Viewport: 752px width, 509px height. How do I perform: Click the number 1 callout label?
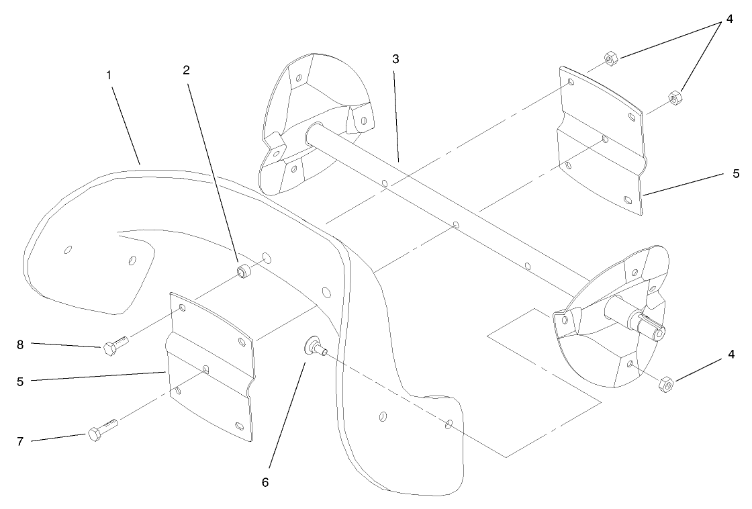109,75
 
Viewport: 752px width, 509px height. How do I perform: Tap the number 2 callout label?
186,70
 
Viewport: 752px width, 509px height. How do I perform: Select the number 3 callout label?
395,59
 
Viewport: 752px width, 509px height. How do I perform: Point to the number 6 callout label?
265,483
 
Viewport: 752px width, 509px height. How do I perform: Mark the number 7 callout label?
20,441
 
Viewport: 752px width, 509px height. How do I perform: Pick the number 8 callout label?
20,345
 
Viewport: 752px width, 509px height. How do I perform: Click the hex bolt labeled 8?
115,346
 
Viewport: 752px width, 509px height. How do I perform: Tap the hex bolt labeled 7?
102,429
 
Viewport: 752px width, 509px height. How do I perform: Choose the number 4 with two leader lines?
729,19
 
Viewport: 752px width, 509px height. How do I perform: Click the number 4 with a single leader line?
731,355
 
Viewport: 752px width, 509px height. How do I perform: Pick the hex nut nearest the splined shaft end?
665,384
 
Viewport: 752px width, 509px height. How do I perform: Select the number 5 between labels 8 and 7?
20,382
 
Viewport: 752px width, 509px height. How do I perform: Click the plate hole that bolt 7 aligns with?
205,369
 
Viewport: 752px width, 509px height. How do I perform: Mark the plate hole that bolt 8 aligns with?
182,308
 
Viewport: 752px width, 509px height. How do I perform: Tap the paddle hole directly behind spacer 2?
267,259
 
